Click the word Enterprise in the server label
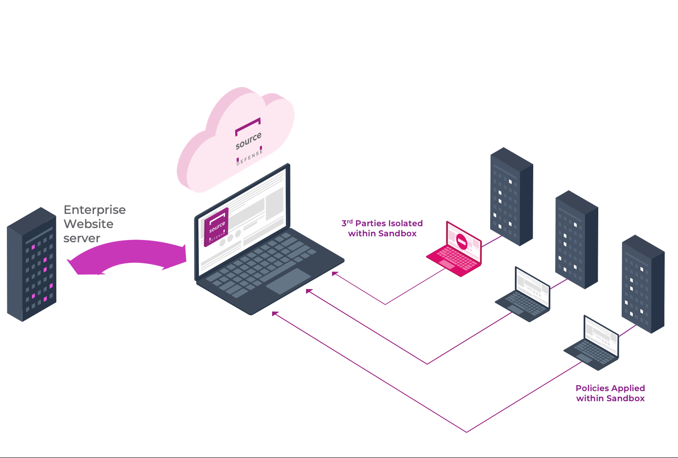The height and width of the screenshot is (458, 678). (x=94, y=210)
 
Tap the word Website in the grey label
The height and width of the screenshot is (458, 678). (x=88, y=224)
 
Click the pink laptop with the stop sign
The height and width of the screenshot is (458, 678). (x=454, y=249)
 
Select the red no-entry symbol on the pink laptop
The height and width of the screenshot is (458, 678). (x=462, y=241)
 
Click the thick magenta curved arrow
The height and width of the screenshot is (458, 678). (x=127, y=251)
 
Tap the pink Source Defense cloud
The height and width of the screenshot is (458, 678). (x=235, y=140)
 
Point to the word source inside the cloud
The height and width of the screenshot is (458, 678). (x=248, y=141)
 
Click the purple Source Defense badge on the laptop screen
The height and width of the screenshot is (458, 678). (x=216, y=227)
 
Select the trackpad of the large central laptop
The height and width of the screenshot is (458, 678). (x=289, y=281)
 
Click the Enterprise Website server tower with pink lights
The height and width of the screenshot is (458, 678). (x=32, y=264)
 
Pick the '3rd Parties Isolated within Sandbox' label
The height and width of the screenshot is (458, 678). (x=382, y=229)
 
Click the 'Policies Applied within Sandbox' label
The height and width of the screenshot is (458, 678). (x=610, y=393)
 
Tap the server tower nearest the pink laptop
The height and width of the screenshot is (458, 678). (x=512, y=196)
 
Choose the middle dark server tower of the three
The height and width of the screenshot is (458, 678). (x=577, y=240)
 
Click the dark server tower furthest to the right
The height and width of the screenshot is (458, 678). (x=643, y=284)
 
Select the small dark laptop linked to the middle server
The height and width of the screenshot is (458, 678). (x=523, y=294)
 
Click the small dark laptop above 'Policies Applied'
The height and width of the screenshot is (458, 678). (x=591, y=343)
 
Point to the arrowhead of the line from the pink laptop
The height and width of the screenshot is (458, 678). (x=334, y=273)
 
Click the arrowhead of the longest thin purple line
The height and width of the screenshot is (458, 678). (x=274, y=314)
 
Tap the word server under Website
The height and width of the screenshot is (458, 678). (x=82, y=238)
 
